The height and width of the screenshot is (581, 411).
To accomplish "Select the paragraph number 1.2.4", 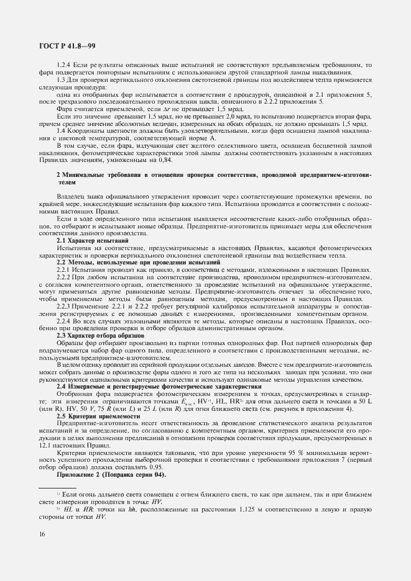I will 65,65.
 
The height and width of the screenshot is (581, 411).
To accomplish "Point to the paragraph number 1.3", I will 61,79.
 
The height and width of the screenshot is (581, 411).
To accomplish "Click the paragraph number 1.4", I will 61,130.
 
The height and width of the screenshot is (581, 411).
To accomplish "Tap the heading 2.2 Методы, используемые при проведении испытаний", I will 138,263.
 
